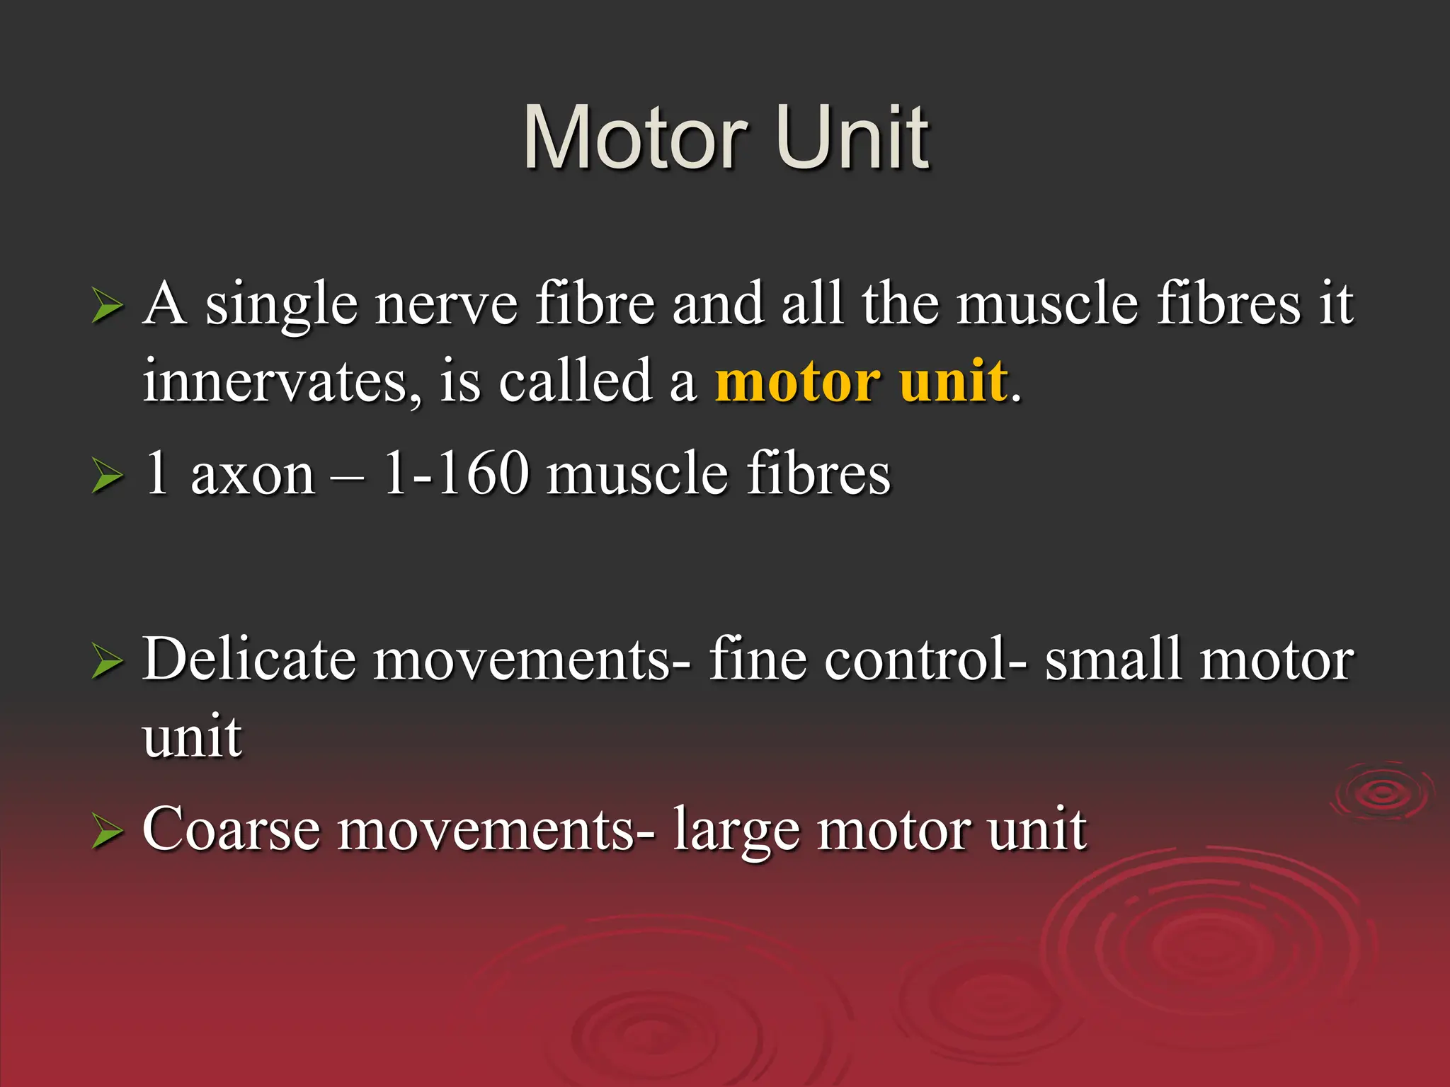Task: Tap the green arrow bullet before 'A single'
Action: point(107,308)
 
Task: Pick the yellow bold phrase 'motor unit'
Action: point(861,381)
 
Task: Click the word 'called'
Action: point(575,381)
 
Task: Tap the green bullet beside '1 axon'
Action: point(107,476)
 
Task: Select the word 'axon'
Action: point(253,474)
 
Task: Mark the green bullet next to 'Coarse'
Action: point(107,832)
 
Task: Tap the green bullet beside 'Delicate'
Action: point(107,663)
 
